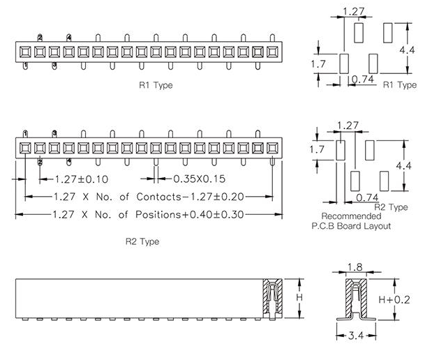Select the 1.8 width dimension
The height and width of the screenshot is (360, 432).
click(355, 267)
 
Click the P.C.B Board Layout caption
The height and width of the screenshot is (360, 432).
click(351, 226)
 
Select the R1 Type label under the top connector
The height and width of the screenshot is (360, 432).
click(156, 85)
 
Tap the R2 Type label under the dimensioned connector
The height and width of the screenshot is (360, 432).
click(142, 241)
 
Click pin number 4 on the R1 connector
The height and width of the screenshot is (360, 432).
click(69, 37)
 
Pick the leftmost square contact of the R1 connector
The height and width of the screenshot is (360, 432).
click(25, 52)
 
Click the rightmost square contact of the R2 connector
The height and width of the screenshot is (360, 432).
click(273, 147)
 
